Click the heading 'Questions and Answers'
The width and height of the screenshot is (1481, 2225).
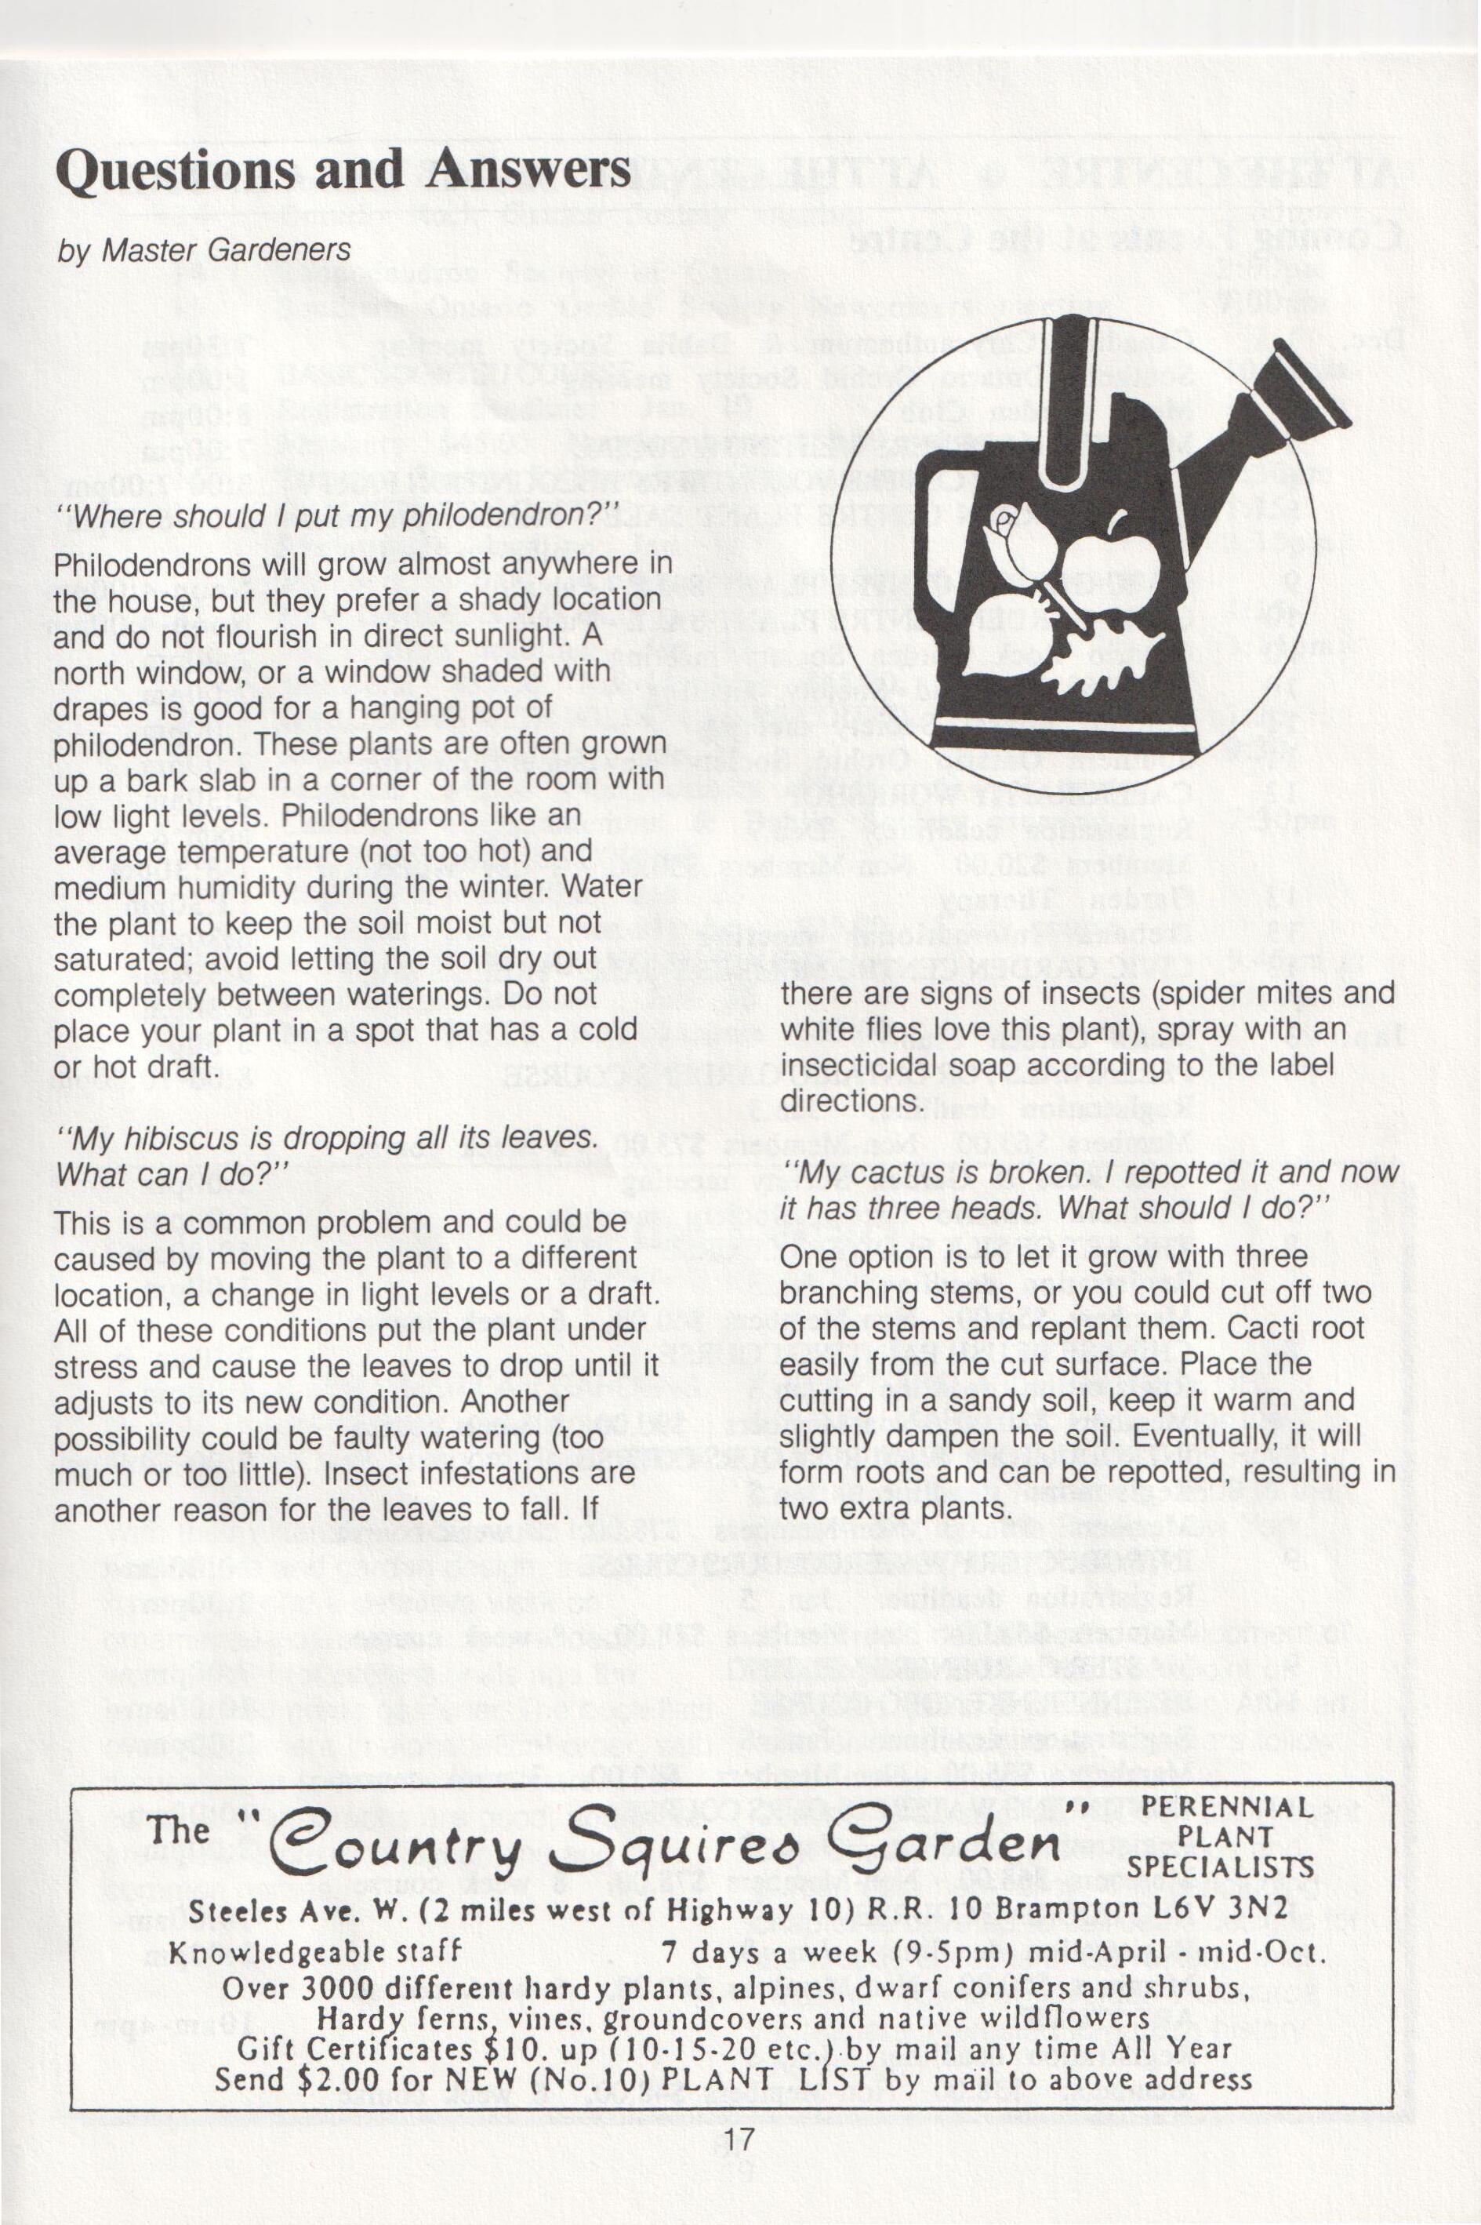click(x=342, y=171)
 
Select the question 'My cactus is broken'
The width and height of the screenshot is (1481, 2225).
click(x=1088, y=1188)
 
